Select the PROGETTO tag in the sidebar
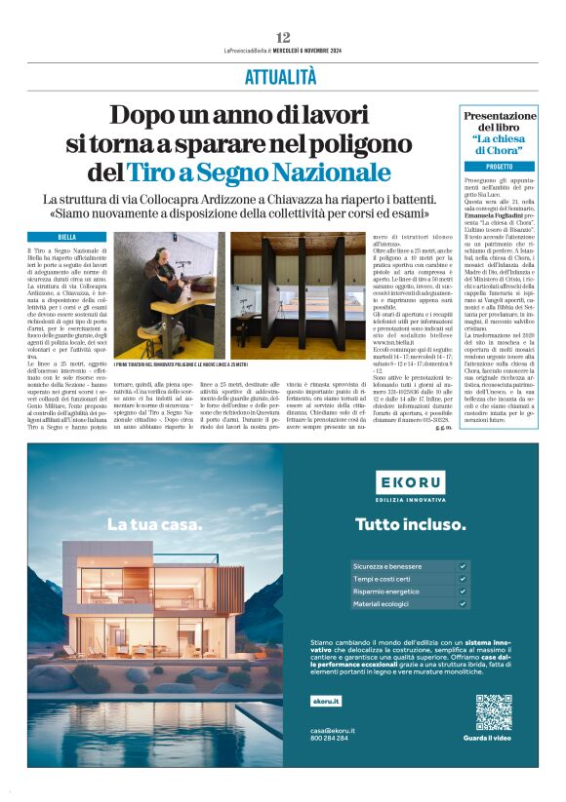point(500,167)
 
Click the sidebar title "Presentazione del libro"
point(500,122)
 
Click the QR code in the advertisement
point(493,712)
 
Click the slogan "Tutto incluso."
point(410,524)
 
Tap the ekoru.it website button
point(326,701)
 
